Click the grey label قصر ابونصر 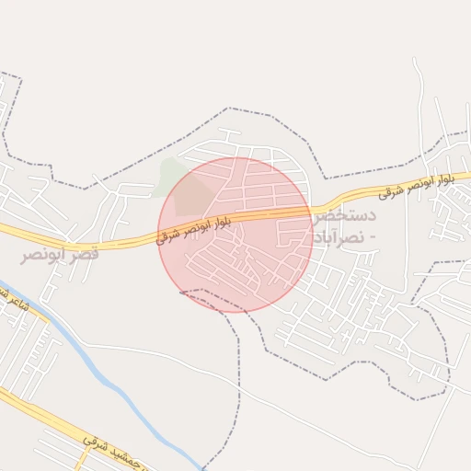coord(59,252)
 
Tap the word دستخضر coord(345,217)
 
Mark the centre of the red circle coord(235,235)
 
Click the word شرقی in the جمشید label coord(93,445)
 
